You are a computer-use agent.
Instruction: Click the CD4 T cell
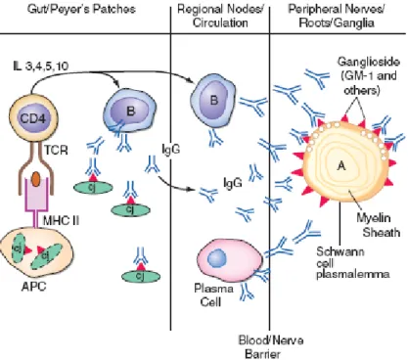point(32,118)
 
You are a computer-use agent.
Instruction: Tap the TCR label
point(56,151)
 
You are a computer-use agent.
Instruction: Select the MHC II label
point(61,221)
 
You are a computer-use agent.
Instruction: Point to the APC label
point(33,287)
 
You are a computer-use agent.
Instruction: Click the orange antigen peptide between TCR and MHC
point(36,179)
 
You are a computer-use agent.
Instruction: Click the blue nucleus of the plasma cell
point(216,258)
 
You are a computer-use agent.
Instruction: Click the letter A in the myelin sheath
point(341,166)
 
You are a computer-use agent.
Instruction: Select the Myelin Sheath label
point(378,225)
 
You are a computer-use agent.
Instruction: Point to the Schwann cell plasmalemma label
point(353,262)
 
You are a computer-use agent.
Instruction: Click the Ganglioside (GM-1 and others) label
point(369,75)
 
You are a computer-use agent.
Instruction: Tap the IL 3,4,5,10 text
point(41,67)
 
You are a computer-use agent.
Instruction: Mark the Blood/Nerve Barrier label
point(271,347)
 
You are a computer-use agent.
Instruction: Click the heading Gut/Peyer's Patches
point(81,9)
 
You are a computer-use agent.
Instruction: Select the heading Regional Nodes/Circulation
point(220,16)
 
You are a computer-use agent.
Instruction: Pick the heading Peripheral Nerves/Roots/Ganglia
point(336,16)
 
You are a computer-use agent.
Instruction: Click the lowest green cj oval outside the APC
point(141,277)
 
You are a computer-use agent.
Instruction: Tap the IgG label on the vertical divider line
point(171,150)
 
